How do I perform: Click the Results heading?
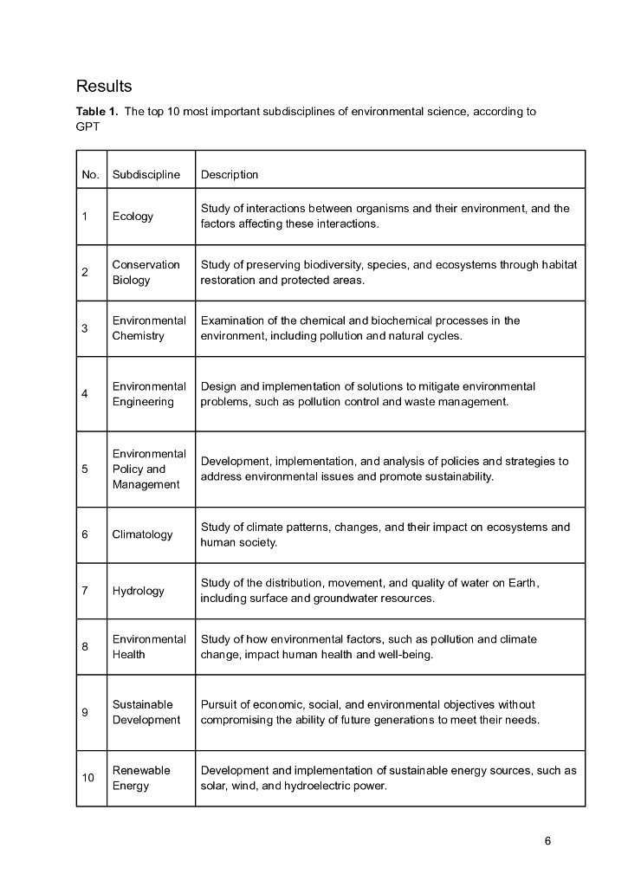[104, 87]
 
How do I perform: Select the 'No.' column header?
[91, 175]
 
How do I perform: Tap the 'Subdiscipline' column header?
[146, 175]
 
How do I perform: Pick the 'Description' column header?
[230, 175]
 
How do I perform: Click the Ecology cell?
[133, 217]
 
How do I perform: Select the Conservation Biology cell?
[146, 272]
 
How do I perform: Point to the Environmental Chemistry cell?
[149, 328]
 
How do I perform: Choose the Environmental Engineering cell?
[149, 394]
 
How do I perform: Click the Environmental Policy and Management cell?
[149, 469]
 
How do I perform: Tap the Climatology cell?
[142, 534]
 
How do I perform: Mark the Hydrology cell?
[138, 591]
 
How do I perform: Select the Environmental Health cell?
[149, 646]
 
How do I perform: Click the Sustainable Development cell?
[146, 712]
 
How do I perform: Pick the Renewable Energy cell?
[141, 778]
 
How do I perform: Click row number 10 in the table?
[88, 778]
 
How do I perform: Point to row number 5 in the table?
[85, 469]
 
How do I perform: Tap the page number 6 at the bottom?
[547, 841]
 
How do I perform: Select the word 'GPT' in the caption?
[87, 126]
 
